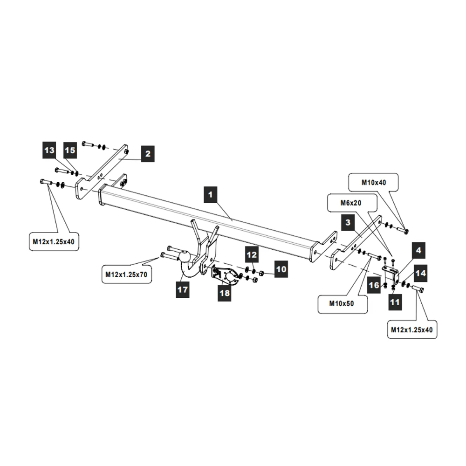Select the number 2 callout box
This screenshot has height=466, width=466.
(147, 153)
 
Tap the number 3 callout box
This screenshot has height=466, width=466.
(348, 223)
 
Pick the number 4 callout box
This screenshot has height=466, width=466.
(418, 250)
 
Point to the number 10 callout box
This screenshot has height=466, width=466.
(281, 269)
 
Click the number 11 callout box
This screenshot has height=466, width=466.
(395, 302)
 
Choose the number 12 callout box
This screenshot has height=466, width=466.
(252, 255)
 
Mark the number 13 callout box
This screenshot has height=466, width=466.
(49, 150)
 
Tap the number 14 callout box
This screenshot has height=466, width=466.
(420, 273)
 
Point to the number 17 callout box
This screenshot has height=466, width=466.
(182, 290)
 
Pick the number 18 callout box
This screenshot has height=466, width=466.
(225, 293)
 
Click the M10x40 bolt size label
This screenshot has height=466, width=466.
(374, 183)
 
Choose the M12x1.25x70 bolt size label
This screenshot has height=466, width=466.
(125, 274)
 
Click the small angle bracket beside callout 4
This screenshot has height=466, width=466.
(391, 273)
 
